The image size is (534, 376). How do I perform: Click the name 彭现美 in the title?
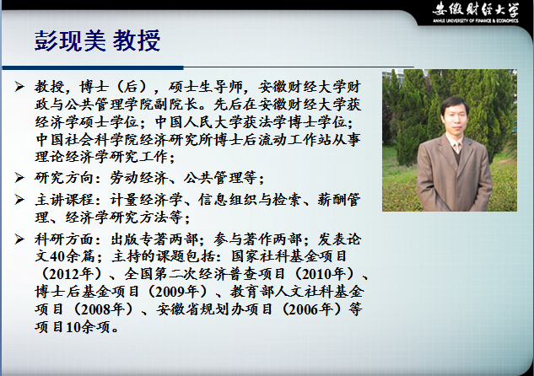click(70, 40)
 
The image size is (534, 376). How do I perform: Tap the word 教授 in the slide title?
click(136, 40)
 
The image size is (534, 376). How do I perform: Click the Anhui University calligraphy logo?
click(476, 9)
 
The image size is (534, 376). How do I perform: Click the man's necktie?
click(457, 147)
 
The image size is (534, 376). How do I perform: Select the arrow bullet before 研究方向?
click(19, 178)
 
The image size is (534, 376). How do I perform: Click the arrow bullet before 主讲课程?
click(19, 200)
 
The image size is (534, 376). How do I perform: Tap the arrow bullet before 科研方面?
click(19, 239)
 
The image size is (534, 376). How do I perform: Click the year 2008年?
click(103, 309)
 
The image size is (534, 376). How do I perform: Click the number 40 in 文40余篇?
click(57, 256)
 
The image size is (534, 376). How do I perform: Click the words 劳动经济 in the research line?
click(138, 178)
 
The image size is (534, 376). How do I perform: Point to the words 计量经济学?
click(147, 200)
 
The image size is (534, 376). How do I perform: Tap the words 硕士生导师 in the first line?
click(205, 87)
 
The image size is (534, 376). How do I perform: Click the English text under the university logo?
click(476, 21)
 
